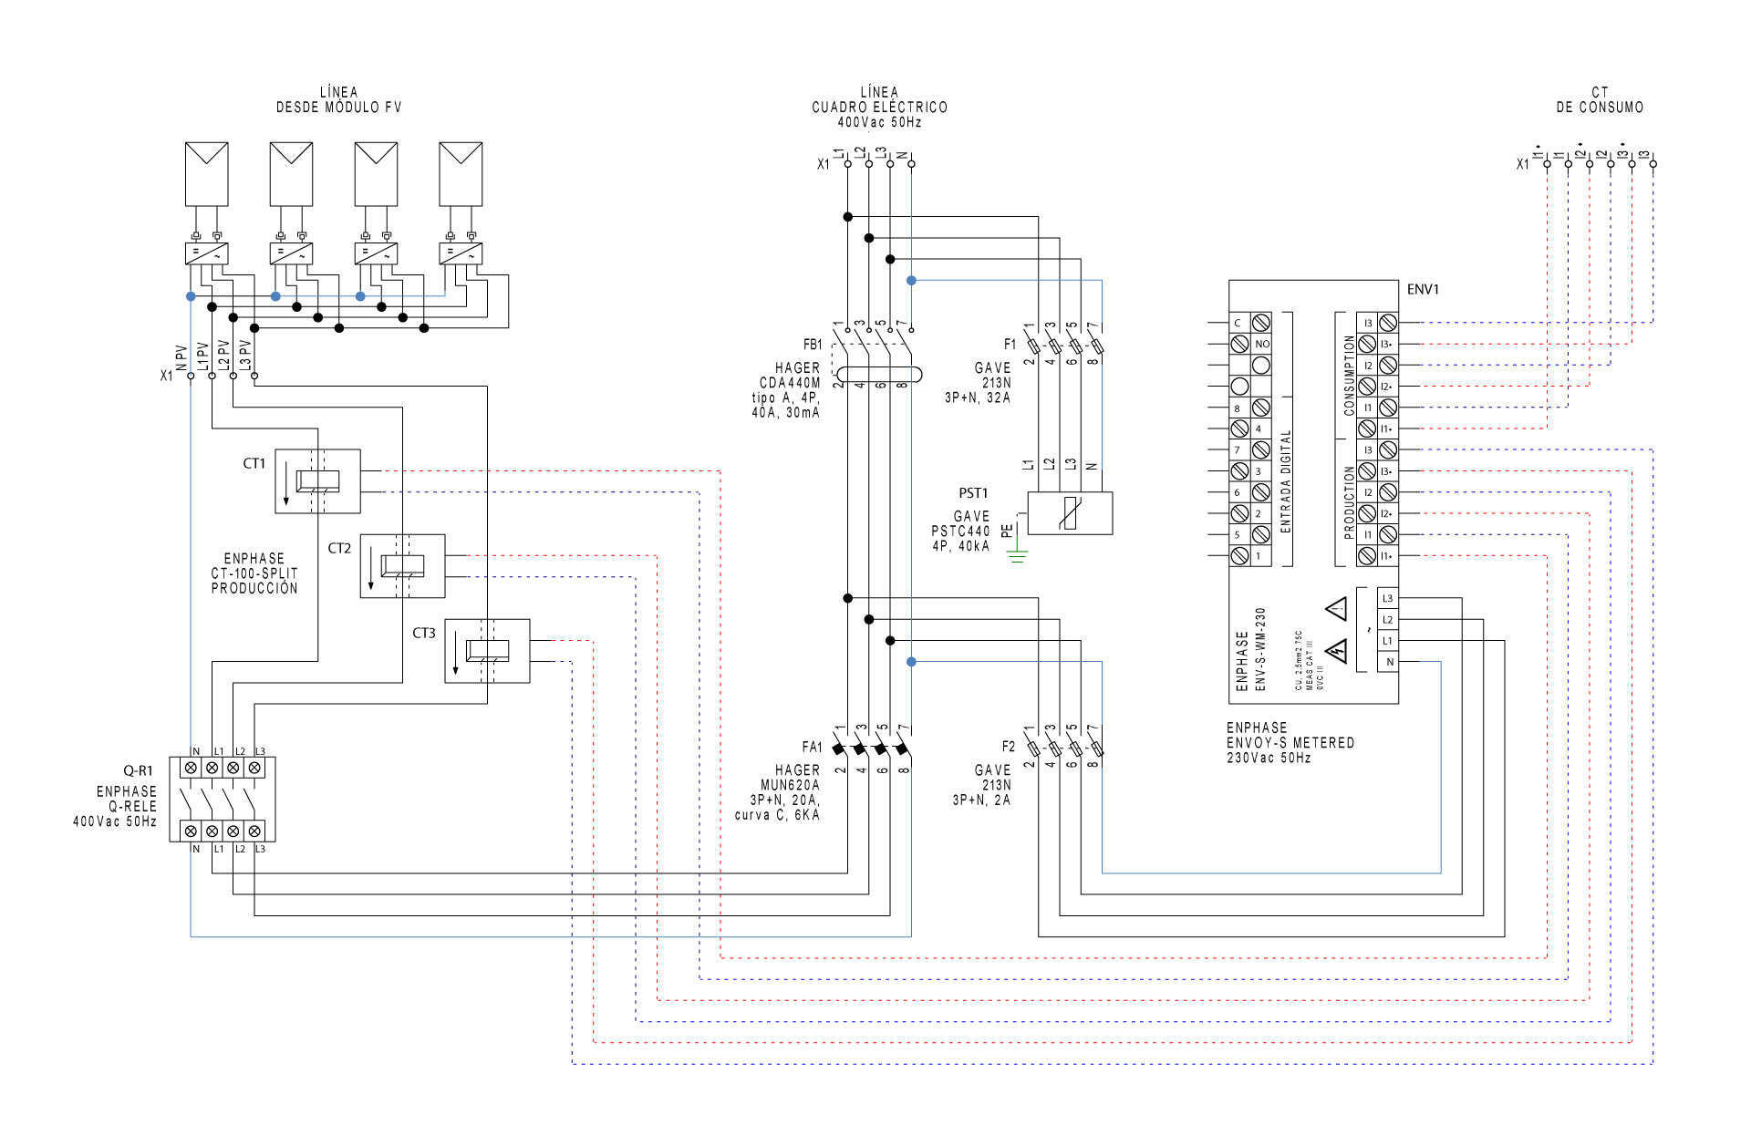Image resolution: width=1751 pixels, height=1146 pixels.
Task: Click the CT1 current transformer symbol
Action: point(317,480)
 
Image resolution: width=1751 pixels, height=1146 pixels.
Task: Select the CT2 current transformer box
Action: point(402,566)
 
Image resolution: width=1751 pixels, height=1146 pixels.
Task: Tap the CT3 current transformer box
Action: point(487,651)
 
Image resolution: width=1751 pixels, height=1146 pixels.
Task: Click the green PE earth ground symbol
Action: point(1017,555)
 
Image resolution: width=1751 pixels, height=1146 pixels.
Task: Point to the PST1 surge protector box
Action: point(1070,513)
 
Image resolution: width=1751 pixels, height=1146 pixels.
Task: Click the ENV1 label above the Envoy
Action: point(1422,290)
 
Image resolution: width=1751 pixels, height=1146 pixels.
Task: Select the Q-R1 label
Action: point(139,771)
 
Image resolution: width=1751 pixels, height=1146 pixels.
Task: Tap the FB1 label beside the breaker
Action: point(812,345)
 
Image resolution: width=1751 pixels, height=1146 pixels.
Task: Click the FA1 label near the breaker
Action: point(812,748)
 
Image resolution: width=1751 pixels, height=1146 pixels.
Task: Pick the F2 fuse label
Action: point(1008,747)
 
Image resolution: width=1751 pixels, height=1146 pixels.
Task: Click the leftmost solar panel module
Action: point(206,173)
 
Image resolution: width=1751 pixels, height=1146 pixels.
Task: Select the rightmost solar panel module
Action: point(461,173)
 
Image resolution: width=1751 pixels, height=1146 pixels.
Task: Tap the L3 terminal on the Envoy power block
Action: point(1387,598)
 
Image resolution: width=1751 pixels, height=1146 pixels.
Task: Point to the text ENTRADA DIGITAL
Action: point(1286,481)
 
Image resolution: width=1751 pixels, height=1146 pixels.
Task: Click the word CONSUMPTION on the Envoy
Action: point(1349,375)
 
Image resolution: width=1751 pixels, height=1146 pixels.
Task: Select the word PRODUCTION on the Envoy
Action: point(1349,502)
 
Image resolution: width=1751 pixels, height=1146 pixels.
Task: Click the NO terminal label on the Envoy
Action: point(1261,344)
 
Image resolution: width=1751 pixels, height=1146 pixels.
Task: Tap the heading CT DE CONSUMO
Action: point(1600,100)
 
